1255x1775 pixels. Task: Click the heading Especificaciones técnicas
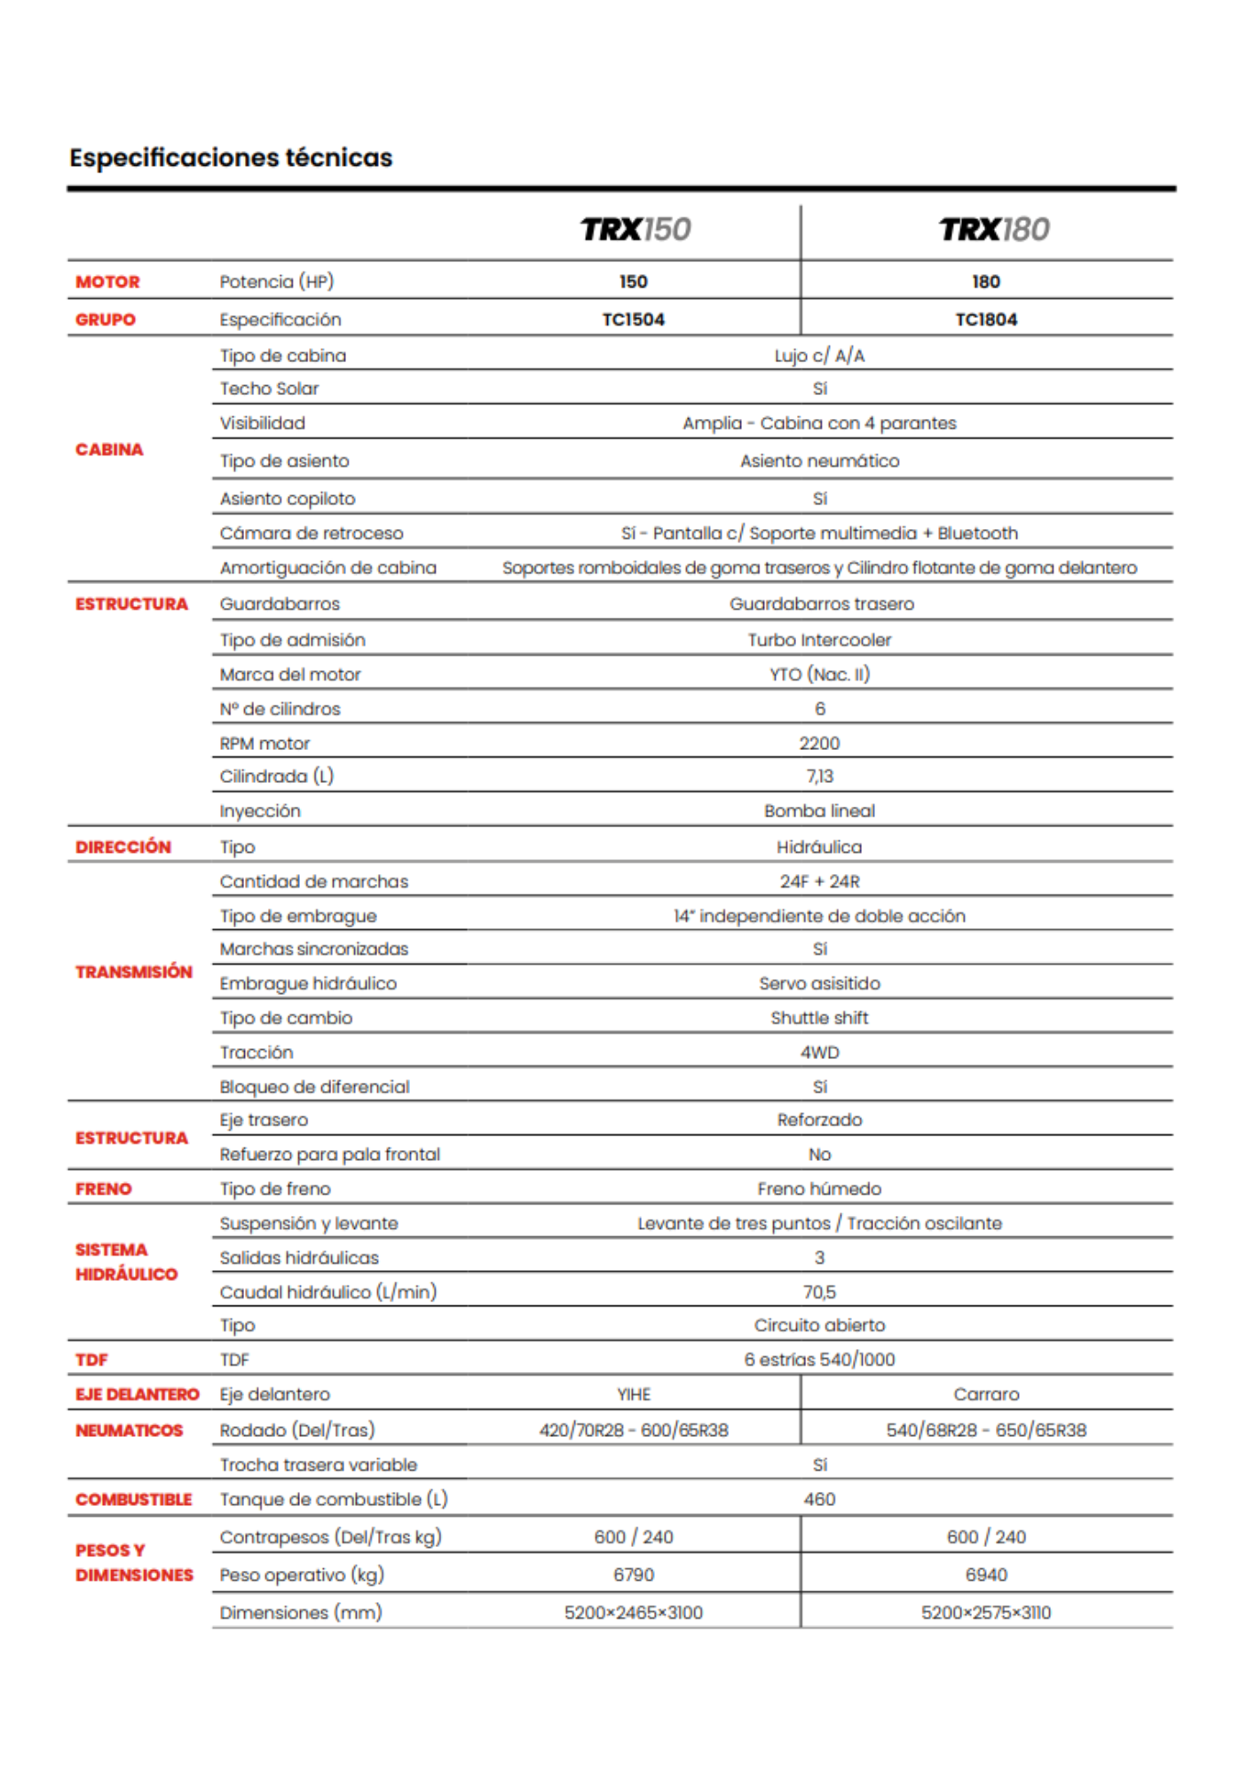click(x=231, y=158)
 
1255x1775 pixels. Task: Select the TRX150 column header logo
click(x=635, y=230)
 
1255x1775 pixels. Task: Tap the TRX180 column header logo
click(x=994, y=230)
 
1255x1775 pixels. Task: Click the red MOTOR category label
click(x=107, y=282)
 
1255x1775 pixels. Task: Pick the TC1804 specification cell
click(x=986, y=319)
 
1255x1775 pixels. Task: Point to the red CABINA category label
click(x=109, y=450)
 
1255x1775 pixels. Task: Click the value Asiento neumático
click(x=819, y=461)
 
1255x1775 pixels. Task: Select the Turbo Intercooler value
click(x=819, y=640)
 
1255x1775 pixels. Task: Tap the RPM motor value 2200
click(x=819, y=744)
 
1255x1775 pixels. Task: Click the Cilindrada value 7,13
click(x=819, y=777)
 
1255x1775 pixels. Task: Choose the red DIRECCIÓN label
click(x=122, y=848)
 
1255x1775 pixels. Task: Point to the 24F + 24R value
click(x=819, y=882)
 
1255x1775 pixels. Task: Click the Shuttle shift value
click(x=819, y=1019)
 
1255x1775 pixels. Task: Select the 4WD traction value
click(x=819, y=1053)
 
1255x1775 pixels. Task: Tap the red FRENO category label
click(x=103, y=1189)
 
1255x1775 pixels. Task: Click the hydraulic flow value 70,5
click(x=819, y=1293)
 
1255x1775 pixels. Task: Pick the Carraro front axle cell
click(x=986, y=1395)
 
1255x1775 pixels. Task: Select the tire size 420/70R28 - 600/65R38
click(x=634, y=1431)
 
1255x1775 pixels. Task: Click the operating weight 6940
click(x=986, y=1575)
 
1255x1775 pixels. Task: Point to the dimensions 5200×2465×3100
click(x=634, y=1613)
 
